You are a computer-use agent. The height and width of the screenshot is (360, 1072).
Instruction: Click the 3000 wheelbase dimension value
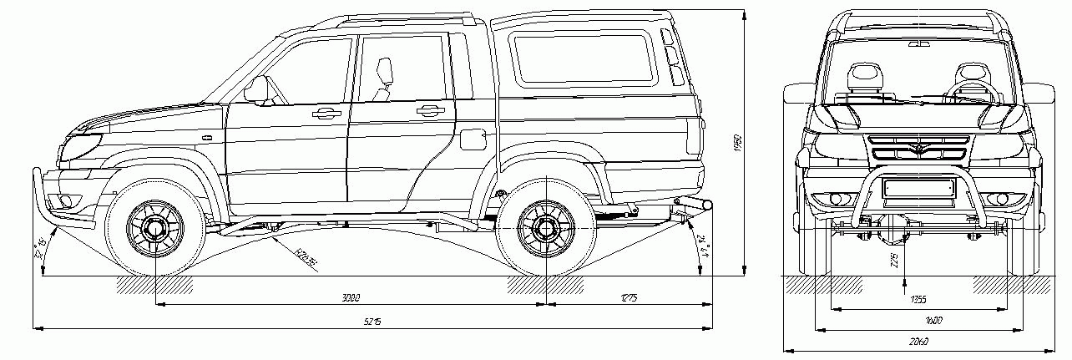350,297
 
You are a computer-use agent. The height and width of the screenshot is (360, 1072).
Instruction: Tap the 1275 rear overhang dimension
629,297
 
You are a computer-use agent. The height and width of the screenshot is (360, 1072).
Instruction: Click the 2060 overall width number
918,342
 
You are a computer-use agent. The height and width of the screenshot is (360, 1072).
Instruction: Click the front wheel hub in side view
154,226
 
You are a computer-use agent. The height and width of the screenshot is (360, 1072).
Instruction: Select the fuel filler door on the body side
473,138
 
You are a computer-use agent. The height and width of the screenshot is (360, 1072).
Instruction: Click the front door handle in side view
326,112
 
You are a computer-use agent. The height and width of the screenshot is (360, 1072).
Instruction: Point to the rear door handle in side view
431,109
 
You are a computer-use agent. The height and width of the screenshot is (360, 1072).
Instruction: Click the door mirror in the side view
257,89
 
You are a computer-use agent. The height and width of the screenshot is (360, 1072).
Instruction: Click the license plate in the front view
918,189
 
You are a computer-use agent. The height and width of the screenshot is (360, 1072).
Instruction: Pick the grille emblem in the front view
918,150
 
